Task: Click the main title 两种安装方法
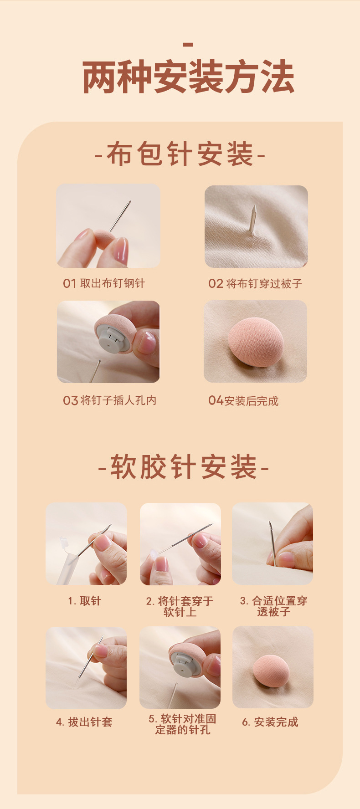click(x=188, y=77)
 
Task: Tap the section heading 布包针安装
click(x=180, y=154)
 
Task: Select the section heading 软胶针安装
click(x=183, y=467)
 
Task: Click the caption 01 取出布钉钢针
click(x=104, y=283)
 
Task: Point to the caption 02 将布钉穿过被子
click(x=255, y=283)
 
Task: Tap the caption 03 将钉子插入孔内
click(x=109, y=400)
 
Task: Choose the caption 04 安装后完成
click(x=243, y=401)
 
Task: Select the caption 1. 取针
click(x=85, y=601)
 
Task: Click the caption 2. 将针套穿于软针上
click(x=180, y=606)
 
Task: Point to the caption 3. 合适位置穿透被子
click(x=273, y=606)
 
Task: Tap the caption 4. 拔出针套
click(x=84, y=722)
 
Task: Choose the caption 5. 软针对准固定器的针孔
click(x=182, y=724)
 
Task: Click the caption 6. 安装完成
click(x=270, y=722)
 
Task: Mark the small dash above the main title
click(x=188, y=45)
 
